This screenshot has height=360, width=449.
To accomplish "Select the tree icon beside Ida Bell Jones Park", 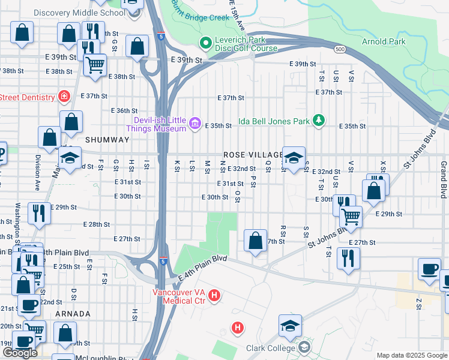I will pos(319,121).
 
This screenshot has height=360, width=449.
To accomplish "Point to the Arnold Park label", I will pos(384,41).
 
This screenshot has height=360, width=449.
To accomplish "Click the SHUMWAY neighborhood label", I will pos(107,139).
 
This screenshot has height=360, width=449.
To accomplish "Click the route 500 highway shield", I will pos(339,49).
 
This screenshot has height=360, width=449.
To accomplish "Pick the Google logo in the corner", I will pos(19,353).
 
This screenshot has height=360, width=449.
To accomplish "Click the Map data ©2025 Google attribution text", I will pos(412,355).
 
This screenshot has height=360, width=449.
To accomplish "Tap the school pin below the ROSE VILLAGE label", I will pos(294,158).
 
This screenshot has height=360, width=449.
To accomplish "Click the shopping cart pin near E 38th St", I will pos(95,64).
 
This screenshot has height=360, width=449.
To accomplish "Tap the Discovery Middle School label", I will pos(71,13).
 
